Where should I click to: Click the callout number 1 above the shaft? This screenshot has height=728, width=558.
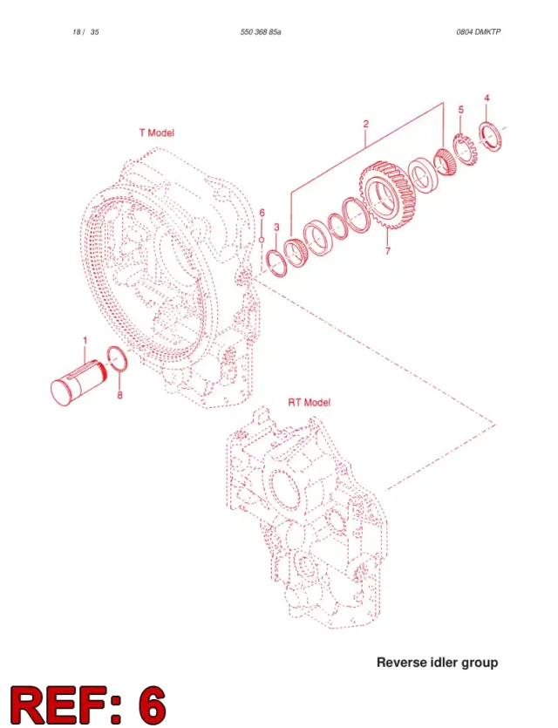click(85, 341)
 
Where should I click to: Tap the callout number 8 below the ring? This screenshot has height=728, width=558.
click(119, 395)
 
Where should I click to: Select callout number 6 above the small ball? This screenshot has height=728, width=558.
click(262, 213)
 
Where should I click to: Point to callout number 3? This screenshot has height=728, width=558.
click(276, 227)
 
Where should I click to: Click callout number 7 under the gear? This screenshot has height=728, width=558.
click(388, 251)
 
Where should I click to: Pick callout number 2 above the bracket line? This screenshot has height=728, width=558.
click(366, 124)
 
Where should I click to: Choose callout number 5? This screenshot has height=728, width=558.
click(460, 110)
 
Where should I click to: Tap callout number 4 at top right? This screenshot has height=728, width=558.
click(487, 98)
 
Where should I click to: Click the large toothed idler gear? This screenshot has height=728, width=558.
click(388, 195)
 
